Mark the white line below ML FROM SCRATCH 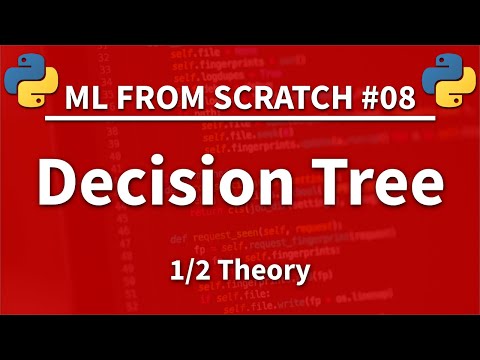pyautogui.click(x=240, y=125)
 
